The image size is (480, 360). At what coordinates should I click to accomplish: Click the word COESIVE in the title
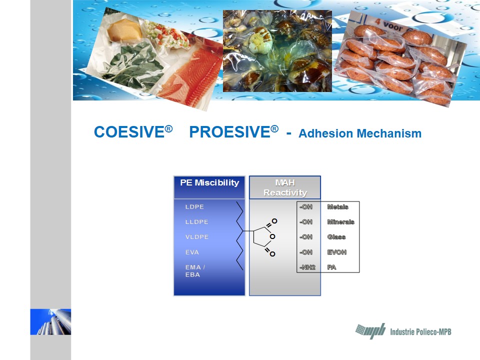pos(129,132)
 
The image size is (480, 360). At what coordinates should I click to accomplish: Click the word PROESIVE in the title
pos(229,132)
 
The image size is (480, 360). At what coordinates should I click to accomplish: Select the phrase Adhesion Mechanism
pos(360,133)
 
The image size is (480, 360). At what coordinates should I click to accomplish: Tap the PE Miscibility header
pos(209,183)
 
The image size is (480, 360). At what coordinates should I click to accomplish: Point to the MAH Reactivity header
pos(285,187)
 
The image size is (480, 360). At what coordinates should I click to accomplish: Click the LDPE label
pos(194,207)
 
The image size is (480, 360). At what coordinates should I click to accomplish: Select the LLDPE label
pos(197,222)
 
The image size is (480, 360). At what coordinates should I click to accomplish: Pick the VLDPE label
pos(197,237)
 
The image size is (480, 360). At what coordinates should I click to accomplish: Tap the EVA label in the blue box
pos(192,252)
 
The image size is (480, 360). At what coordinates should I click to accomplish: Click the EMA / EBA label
pos(195,271)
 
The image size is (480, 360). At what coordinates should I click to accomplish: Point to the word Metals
pos(337,207)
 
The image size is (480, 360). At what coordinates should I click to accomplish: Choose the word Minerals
pos(340,222)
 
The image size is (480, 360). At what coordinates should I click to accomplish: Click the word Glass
pos(336,237)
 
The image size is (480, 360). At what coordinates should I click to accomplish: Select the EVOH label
pos(336,252)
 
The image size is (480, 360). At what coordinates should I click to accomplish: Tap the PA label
pos(331,267)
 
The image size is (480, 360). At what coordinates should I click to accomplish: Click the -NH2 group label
pos(307,267)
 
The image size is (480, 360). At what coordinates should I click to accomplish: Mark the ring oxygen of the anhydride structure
pos(272,236)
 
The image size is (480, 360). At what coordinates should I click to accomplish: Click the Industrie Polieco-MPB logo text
pos(420,332)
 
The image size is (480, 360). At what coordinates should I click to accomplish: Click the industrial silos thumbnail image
pos(50,321)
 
